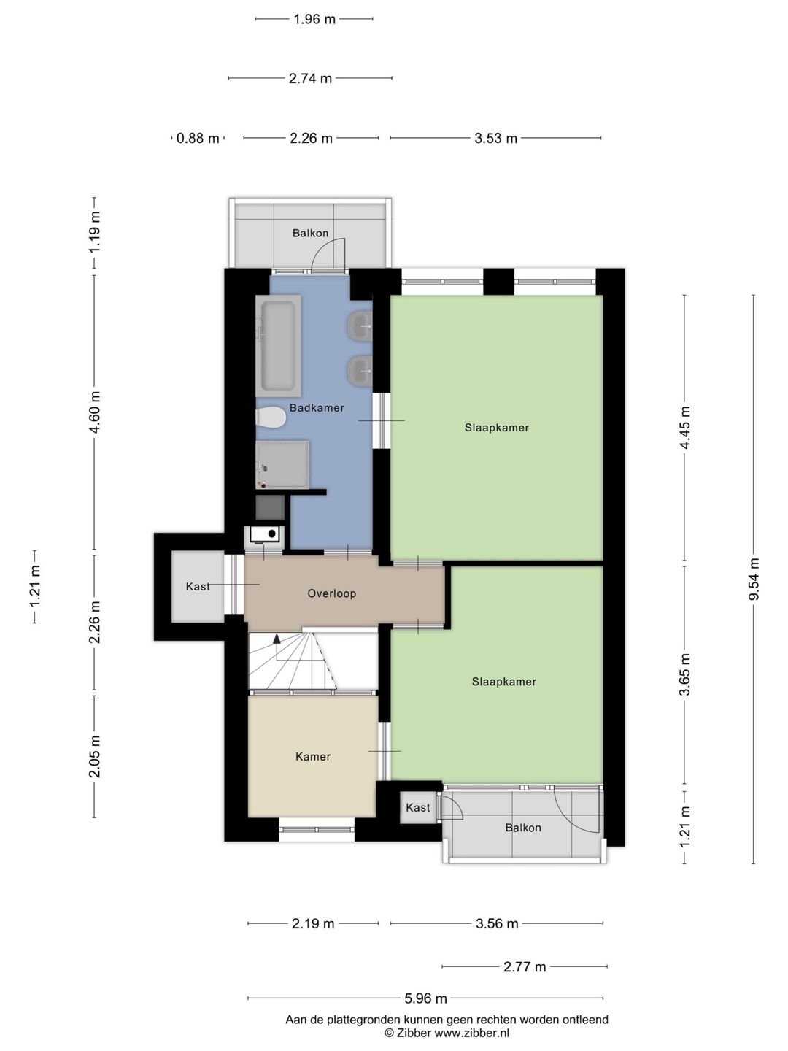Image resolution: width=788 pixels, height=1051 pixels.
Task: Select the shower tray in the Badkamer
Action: [x=282, y=464]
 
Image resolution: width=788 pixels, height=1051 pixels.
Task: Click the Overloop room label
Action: [x=331, y=593]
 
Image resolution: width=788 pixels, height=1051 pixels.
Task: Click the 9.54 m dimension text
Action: [x=754, y=578]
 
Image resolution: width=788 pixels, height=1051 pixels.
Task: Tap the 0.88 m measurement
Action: [x=198, y=139]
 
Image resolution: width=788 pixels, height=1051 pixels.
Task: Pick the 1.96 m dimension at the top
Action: [x=314, y=19]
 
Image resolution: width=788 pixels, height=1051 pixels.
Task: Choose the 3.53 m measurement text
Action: [x=495, y=139]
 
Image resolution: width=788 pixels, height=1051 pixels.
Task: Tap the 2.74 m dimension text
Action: [x=310, y=78]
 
